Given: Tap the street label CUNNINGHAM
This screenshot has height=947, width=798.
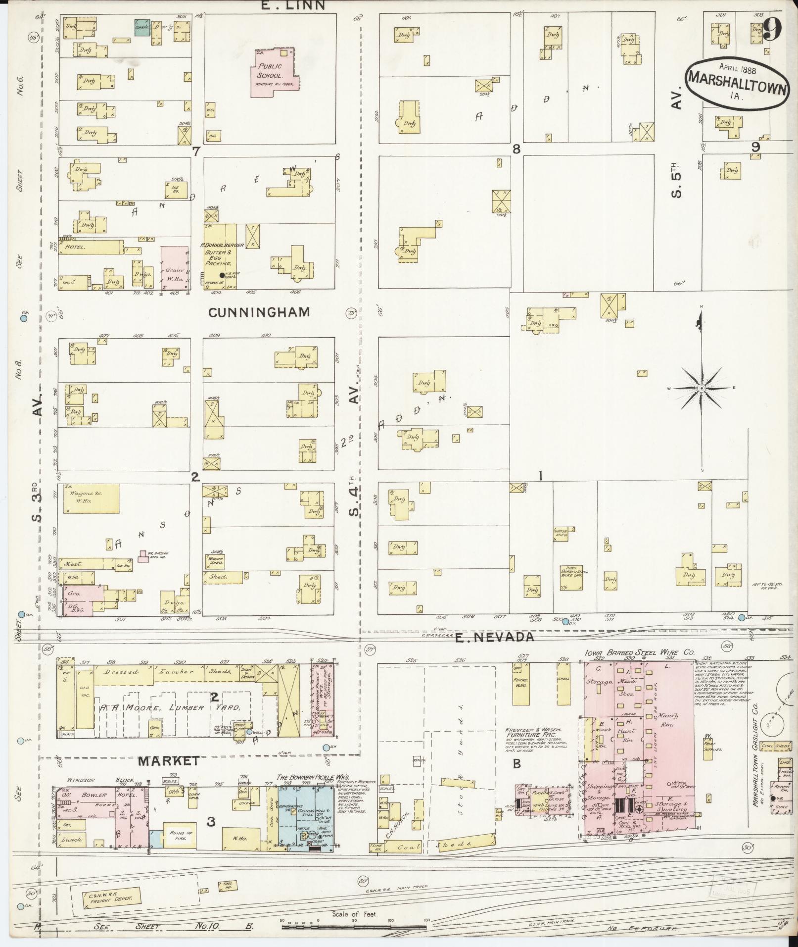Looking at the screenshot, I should click(259, 312).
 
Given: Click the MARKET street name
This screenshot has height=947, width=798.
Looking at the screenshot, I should click(169, 760).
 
